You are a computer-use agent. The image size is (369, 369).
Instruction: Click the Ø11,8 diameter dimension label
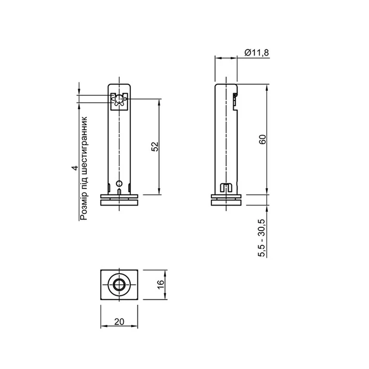pos(256,53)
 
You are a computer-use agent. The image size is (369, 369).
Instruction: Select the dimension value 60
pos(262,139)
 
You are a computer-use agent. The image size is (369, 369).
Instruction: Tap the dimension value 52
pos(155,147)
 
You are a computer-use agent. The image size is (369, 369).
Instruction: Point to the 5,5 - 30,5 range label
pos(262,238)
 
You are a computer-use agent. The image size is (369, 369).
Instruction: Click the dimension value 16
pos(161,285)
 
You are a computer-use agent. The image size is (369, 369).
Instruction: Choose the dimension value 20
pos(119,321)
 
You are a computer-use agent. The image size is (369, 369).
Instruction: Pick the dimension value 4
pos(75,168)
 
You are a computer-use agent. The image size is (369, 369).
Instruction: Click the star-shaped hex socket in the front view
pos(119,100)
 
